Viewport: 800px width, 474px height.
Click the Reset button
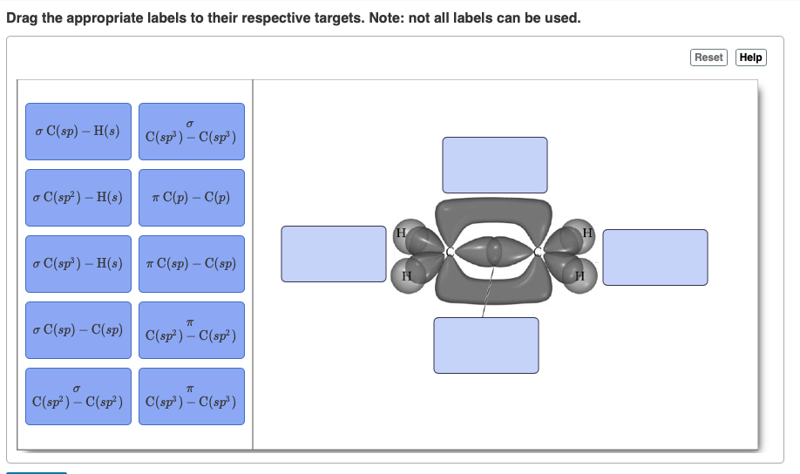(708, 58)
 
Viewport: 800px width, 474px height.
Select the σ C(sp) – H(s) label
(78, 132)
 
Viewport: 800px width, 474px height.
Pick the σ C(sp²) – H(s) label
(78, 198)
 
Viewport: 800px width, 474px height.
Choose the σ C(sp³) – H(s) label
(78, 264)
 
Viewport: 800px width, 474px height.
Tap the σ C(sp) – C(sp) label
(78, 330)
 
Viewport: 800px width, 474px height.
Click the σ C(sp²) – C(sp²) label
(78, 396)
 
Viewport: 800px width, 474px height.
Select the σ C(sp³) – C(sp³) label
(192, 132)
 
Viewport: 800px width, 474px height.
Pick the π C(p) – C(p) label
(192, 198)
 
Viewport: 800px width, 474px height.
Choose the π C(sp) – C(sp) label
(192, 264)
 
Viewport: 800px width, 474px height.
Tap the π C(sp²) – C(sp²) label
(192, 330)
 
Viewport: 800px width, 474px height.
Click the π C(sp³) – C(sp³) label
(192, 396)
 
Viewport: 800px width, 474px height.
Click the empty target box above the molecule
(495, 165)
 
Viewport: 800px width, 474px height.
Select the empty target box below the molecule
(486, 345)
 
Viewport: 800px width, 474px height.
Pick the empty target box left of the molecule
(334, 254)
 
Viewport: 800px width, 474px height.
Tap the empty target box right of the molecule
(655, 257)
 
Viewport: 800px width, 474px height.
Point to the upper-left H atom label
(401, 233)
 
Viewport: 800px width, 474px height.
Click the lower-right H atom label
(580, 276)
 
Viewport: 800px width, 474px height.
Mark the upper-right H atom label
(588, 233)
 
